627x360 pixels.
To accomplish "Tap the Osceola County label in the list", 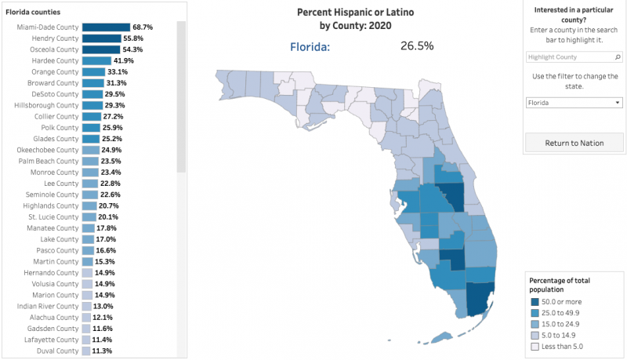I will pos(54,49).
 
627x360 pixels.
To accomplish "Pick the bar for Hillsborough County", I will pos(92,105).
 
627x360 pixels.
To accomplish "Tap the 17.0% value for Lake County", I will pos(107,239).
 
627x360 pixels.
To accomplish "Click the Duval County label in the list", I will pos(57,351).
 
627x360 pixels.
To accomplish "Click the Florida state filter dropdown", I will pos(574,102).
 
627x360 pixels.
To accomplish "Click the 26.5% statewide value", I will pos(416,45).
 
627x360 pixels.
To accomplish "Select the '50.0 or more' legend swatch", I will pos(534,302).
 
